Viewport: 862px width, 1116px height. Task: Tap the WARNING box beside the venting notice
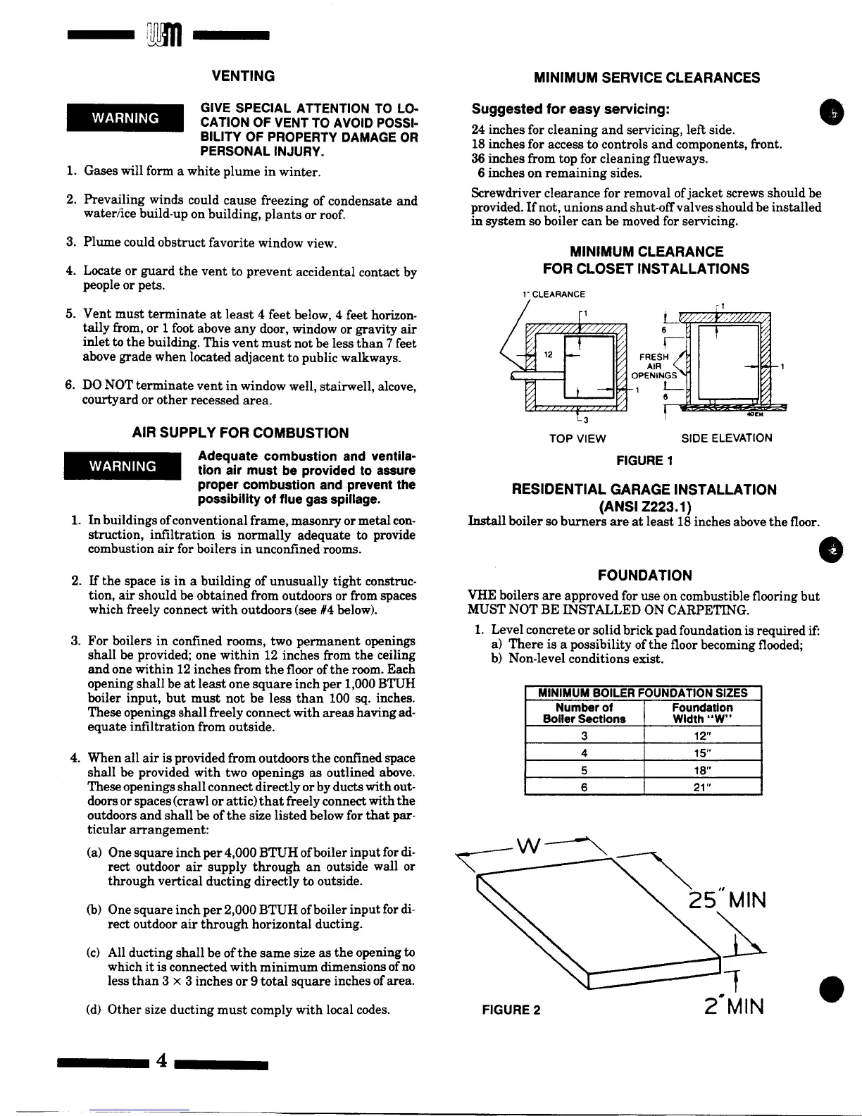click(123, 118)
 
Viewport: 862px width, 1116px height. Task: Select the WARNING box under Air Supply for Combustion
click(123, 466)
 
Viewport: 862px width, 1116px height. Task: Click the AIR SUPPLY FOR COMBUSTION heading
click(240, 433)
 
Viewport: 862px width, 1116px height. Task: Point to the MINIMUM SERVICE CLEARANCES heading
click(646, 77)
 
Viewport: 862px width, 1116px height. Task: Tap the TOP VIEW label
click(577, 439)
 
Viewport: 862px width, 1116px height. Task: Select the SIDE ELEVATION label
click(726, 438)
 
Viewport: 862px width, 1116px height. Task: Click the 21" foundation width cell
click(702, 787)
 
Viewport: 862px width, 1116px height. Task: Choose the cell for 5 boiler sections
click(584, 770)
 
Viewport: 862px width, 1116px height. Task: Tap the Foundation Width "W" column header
click(702, 713)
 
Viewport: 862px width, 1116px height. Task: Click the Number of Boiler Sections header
click(584, 713)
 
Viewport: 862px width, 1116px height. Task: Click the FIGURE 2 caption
click(511, 1010)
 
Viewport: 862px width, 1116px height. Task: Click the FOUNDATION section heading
click(644, 575)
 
